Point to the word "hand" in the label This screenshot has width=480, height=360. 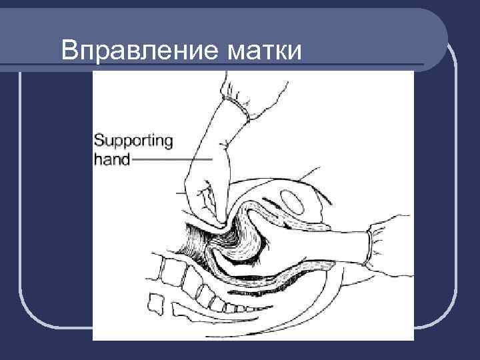[x=113, y=160]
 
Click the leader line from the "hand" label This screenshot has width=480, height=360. [x=173, y=160]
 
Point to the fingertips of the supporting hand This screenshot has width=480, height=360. [x=213, y=220]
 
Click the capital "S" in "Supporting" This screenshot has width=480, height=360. [x=99, y=141]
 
